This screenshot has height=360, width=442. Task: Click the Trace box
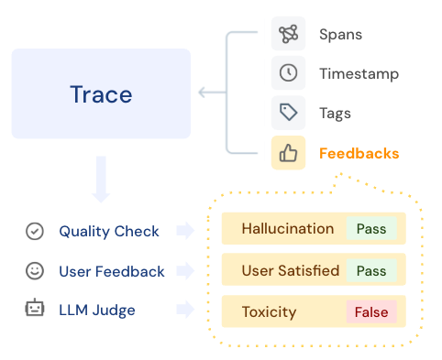coord(101,93)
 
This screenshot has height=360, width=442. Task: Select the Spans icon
coord(288,35)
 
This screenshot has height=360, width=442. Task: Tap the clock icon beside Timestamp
coord(288,74)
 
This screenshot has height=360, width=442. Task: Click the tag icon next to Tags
coord(288,114)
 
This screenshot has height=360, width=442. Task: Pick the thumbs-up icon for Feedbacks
coord(288,153)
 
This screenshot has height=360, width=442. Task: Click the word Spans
coord(340,35)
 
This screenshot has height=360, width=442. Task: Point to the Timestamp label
coord(358,74)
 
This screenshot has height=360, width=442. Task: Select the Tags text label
coord(335,114)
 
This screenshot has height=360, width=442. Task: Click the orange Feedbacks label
coord(359,153)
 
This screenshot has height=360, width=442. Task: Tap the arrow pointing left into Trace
coord(212,92)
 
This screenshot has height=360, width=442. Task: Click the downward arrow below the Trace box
coord(101,180)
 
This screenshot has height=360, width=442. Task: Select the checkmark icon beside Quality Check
coord(35,232)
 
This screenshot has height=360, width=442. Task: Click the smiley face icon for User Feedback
coord(35,271)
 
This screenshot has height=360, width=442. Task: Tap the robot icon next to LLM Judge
coord(35,311)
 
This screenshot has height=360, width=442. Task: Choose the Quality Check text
coord(109,232)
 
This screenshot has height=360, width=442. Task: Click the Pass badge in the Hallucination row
coord(371,229)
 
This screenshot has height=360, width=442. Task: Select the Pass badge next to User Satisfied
coord(371,270)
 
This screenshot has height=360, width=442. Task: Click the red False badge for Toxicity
coord(371,312)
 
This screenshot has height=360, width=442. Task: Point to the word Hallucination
coord(287,229)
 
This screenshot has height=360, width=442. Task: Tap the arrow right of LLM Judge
coord(185,311)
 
